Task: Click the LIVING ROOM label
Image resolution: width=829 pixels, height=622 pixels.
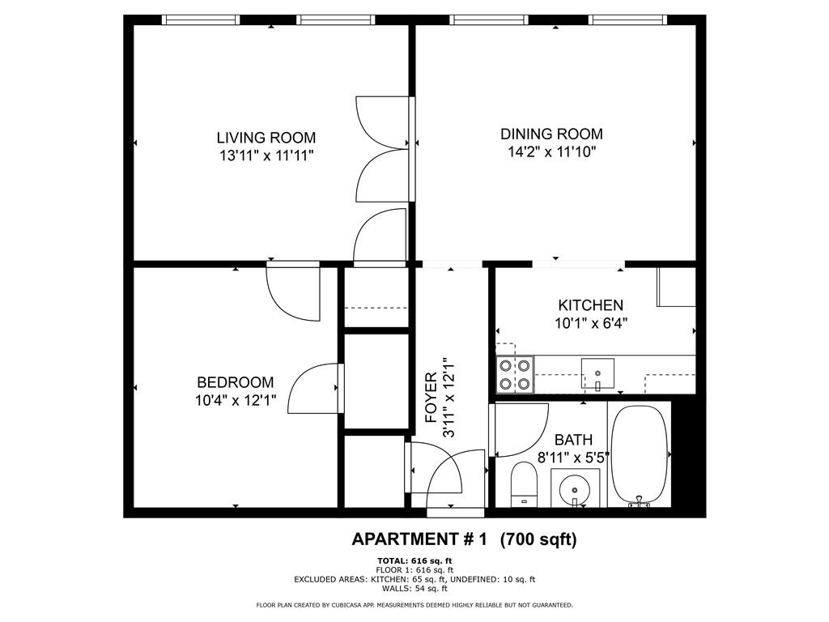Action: coord(266,138)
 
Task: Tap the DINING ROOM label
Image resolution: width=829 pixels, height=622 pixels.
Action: coord(551,134)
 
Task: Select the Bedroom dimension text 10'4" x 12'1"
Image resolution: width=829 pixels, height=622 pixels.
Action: coord(236,400)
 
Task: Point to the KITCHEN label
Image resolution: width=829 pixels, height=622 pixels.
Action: coord(590,305)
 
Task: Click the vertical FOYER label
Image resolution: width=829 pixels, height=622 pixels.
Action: coord(432,398)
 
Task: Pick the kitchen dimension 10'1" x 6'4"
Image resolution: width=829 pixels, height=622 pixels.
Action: coord(590,322)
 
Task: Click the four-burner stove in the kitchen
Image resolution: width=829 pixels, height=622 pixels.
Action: coord(515,374)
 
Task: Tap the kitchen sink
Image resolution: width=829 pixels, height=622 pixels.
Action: coord(598,373)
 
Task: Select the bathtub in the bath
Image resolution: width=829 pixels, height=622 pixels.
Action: coord(640,455)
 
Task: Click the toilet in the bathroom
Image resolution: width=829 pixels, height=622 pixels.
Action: coord(524,484)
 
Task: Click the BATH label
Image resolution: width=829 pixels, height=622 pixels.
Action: coord(573,440)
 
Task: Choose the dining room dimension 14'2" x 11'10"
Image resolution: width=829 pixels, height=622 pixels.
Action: coord(552,151)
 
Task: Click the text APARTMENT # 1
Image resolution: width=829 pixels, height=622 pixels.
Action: coord(419,539)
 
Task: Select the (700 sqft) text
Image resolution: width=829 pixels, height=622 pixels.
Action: coord(538,539)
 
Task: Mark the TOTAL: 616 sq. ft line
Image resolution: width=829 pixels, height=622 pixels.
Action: coord(414,560)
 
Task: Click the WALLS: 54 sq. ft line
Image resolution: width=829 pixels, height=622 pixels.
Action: coord(414,588)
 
